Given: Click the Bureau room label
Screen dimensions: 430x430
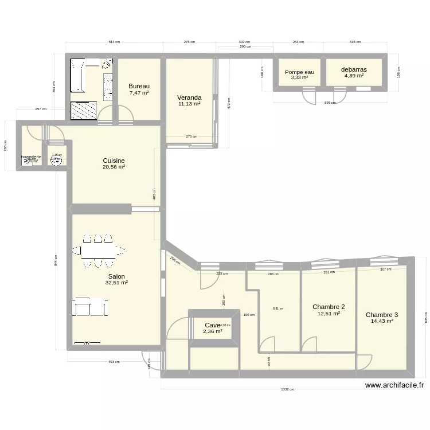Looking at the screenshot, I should pos(139,86).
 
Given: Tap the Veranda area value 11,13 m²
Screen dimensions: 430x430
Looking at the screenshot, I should pos(189,104).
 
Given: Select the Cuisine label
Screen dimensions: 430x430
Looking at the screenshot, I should pos(114,161).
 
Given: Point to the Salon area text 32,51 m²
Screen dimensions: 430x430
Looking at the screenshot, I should pos(116,283).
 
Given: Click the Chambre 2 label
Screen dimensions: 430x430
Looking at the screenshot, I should pos(329,307).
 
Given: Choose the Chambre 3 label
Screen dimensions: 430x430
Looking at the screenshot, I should pos(382,315).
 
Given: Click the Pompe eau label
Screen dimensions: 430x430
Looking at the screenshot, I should pos(299,72).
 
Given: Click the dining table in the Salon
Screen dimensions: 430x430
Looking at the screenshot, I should pos(98,251).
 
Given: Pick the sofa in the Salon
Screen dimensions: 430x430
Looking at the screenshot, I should pos(89,307).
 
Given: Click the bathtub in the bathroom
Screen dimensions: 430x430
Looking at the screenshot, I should pos(77,75).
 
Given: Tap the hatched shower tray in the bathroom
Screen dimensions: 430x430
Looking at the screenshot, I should pos(84,110).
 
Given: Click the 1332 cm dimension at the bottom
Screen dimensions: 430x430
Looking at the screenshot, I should pos(287,389).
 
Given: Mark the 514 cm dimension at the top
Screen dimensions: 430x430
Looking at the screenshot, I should pos(114,42).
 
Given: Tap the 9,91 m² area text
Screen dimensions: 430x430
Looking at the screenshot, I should pos(277,308).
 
